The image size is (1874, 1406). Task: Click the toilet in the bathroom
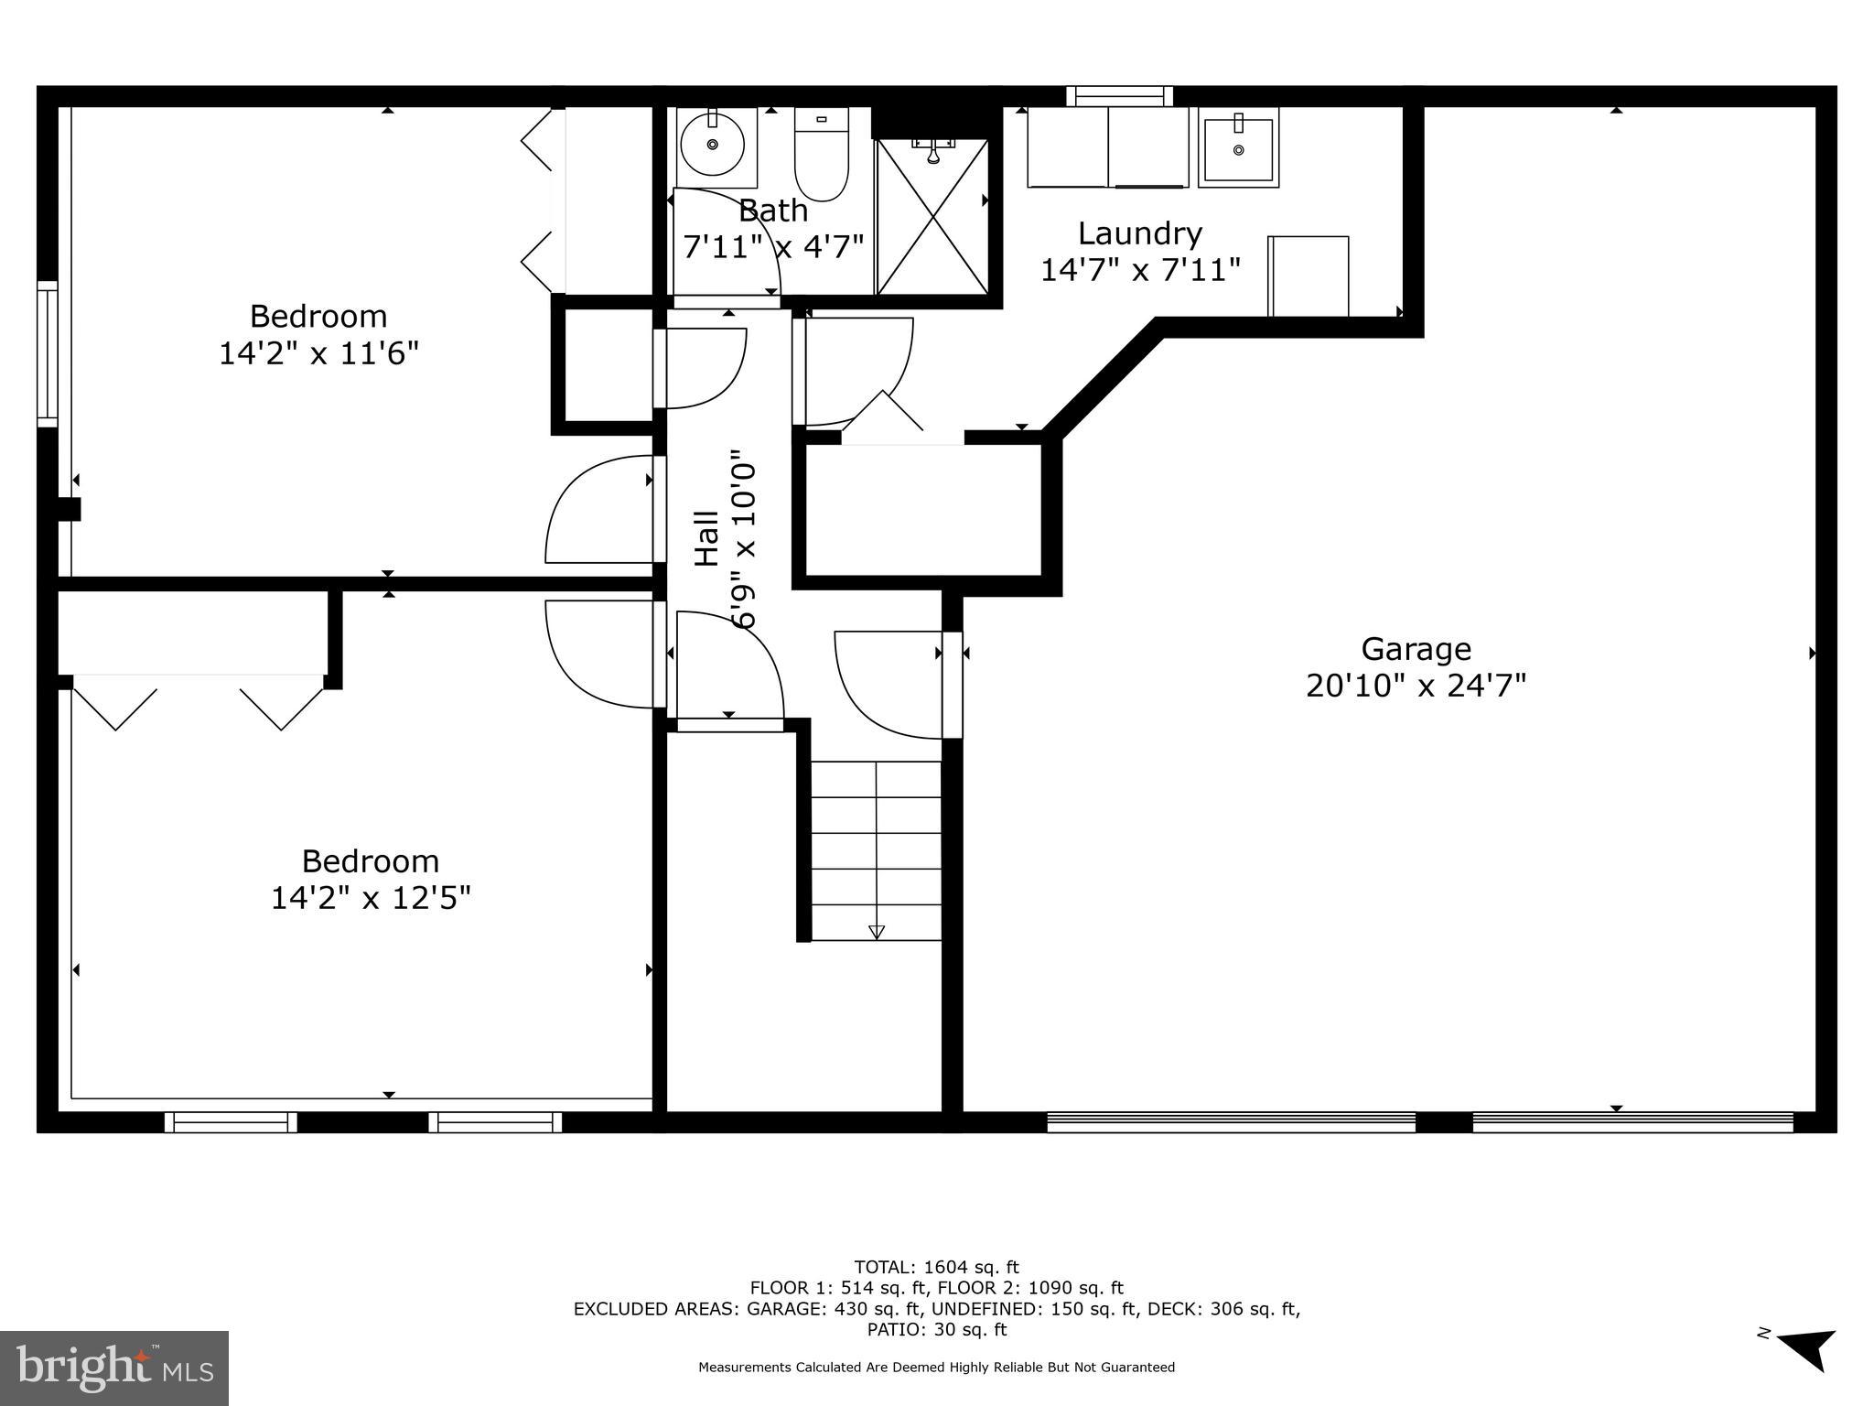(x=821, y=156)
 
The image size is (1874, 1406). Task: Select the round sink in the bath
(x=712, y=145)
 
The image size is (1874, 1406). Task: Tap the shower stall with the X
(x=932, y=217)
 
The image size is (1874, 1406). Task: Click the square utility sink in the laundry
(x=1238, y=148)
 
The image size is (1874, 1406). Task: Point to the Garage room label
(x=1416, y=649)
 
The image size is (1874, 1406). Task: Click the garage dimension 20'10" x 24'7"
(x=1416, y=686)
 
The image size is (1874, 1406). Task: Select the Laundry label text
(x=1139, y=233)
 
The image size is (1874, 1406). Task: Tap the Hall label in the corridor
(x=706, y=538)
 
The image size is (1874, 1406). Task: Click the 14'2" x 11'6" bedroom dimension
(x=318, y=352)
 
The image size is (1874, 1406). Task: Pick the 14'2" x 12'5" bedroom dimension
(x=371, y=898)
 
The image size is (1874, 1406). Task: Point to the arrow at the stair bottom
(x=877, y=932)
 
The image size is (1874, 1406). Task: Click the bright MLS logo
(x=114, y=1368)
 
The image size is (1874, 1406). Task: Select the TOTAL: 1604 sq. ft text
(x=936, y=1267)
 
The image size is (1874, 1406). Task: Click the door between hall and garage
(x=952, y=685)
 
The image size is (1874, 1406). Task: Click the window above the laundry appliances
(x=1119, y=96)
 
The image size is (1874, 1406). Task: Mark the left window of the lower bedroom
(x=231, y=1122)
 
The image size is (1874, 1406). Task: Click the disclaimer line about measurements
(x=936, y=1367)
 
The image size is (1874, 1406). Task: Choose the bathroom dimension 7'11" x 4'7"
(x=774, y=246)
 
